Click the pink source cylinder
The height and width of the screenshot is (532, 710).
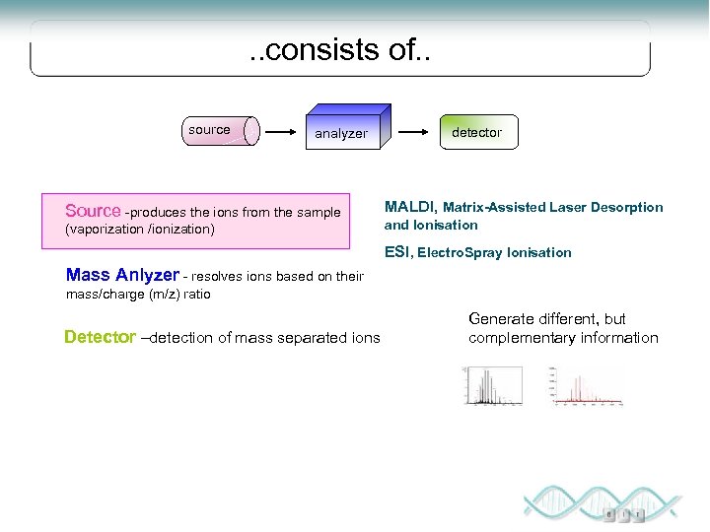pyautogui.click(x=223, y=130)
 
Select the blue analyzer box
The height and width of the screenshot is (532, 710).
pyautogui.click(x=348, y=129)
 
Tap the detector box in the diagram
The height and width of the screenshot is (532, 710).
pyautogui.click(x=477, y=132)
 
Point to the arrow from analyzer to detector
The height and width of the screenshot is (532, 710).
pyautogui.click(x=417, y=130)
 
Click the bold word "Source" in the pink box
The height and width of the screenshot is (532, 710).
pyautogui.click(x=93, y=211)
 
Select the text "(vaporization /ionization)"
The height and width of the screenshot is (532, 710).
pyautogui.click(x=139, y=230)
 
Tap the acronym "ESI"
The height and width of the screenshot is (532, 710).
pyautogui.click(x=396, y=252)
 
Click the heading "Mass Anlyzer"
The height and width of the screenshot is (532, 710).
pyautogui.click(x=122, y=275)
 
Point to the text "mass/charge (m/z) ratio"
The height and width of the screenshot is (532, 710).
pyautogui.click(x=138, y=294)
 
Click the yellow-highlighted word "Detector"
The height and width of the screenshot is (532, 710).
pyautogui.click(x=100, y=337)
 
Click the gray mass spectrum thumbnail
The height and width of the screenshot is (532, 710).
pyautogui.click(x=492, y=385)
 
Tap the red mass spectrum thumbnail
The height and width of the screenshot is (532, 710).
pyautogui.click(x=585, y=385)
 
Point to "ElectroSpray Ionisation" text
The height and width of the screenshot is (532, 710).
pyautogui.click(x=494, y=253)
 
